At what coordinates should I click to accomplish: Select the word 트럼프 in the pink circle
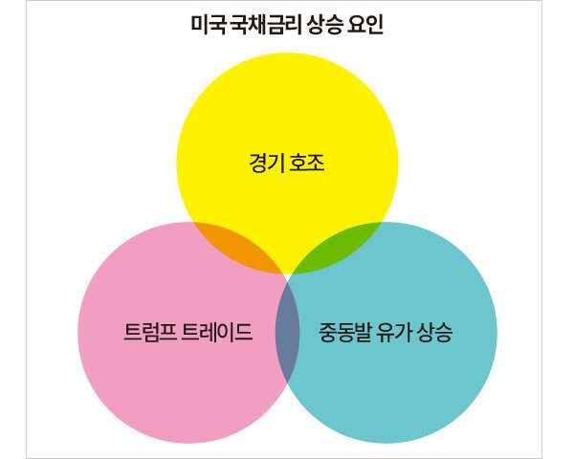[x=148, y=333]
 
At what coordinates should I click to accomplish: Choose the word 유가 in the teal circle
[x=396, y=333]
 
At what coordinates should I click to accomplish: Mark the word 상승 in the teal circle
[x=436, y=333]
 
